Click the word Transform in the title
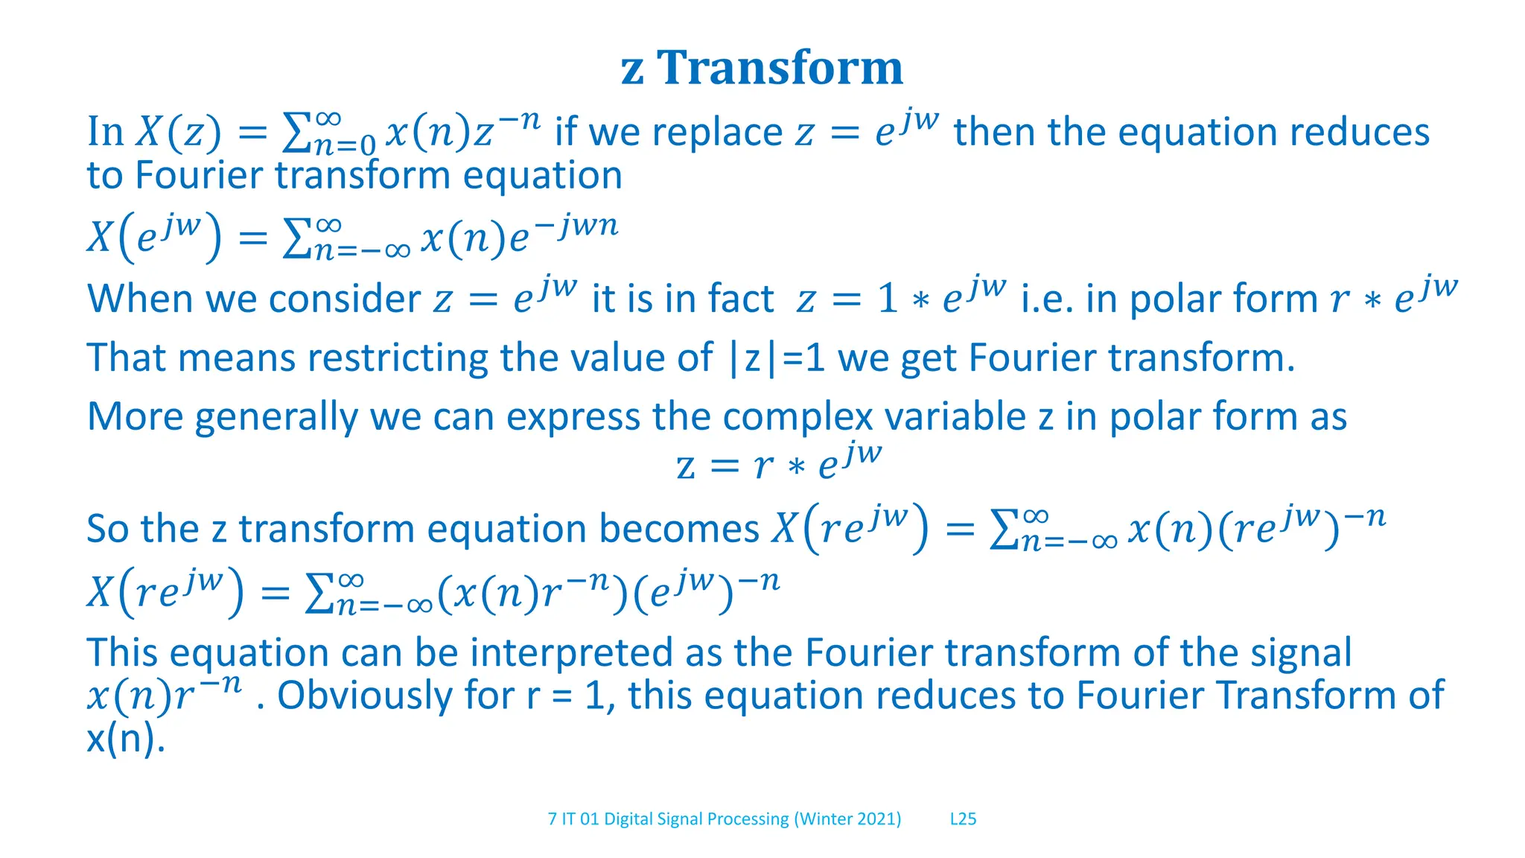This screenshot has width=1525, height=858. pyautogui.click(x=780, y=68)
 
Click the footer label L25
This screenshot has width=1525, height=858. pyautogui.click(x=963, y=819)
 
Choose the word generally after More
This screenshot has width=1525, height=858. pyautogui.click(x=276, y=416)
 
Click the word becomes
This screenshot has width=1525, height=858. pyautogui.click(x=678, y=529)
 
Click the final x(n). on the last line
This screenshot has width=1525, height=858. pyautogui.click(x=125, y=739)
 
